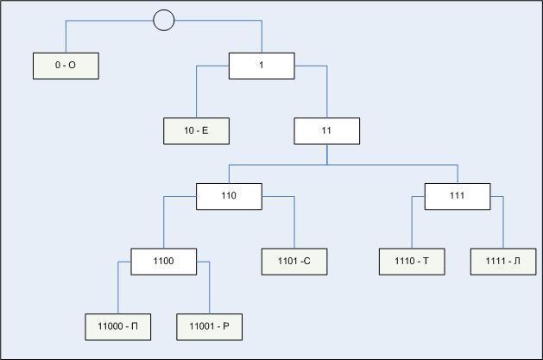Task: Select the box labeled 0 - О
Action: point(66,66)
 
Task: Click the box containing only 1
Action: point(262,66)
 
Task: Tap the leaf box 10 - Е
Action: point(196,131)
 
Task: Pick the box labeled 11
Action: point(327,131)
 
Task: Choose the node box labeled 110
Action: point(229,196)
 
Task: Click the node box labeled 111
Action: point(458,196)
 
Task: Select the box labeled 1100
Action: point(164,262)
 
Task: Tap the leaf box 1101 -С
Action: point(294,262)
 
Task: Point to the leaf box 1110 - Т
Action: point(412,262)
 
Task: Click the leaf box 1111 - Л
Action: point(503,262)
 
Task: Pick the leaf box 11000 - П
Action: point(118,327)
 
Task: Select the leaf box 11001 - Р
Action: point(210,327)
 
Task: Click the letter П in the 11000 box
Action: point(135,326)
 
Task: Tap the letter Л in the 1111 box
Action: point(517,261)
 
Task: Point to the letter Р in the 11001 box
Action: point(226,326)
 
